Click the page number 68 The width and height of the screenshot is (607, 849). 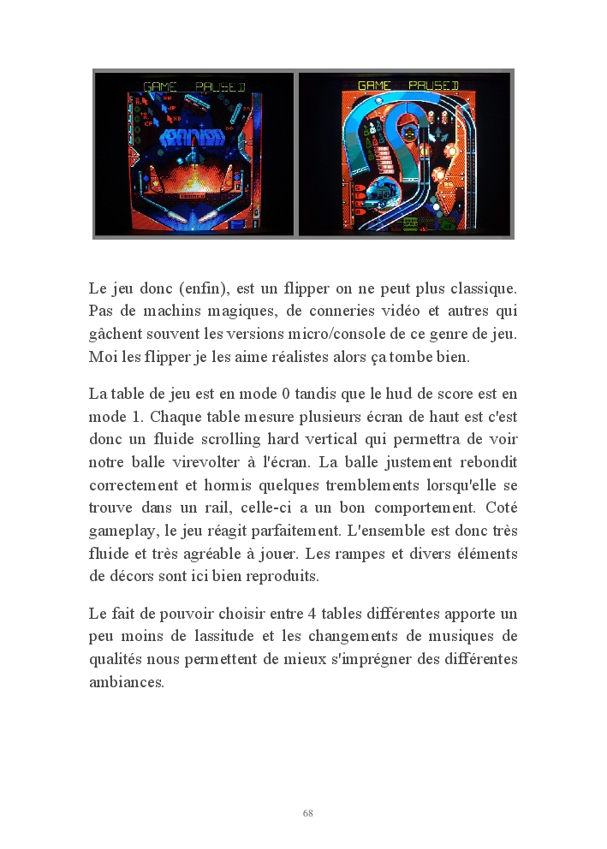click(x=307, y=813)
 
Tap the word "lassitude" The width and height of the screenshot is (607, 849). click(x=219, y=638)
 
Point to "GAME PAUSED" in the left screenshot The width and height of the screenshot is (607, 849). click(x=194, y=86)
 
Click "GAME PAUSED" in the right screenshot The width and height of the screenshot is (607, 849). click(x=408, y=85)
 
